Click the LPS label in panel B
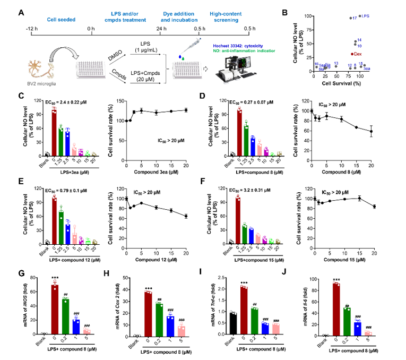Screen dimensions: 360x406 (x=366, y=16)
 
